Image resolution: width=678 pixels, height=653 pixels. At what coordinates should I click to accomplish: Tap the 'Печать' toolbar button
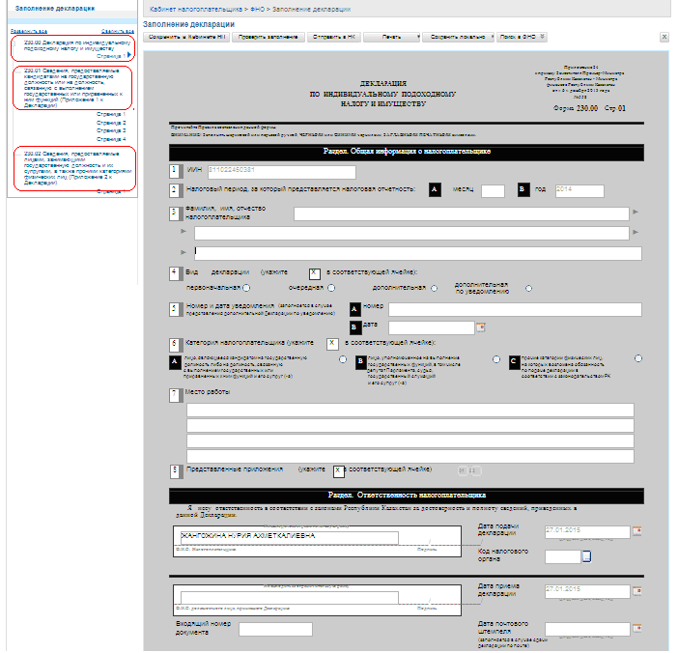click(390, 37)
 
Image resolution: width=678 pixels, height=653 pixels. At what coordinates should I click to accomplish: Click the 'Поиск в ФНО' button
click(523, 37)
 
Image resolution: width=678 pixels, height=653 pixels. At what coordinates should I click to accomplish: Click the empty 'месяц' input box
click(493, 190)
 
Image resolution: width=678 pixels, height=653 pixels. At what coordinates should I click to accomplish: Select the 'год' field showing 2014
click(579, 190)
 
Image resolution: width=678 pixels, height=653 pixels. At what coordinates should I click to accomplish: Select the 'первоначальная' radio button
click(248, 288)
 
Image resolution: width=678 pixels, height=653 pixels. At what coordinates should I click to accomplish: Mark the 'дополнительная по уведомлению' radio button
click(528, 288)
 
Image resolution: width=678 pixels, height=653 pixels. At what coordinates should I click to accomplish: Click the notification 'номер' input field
click(500, 309)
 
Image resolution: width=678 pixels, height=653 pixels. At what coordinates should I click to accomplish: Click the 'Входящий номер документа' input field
click(275, 629)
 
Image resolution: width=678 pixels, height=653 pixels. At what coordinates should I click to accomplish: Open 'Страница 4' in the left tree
click(112, 139)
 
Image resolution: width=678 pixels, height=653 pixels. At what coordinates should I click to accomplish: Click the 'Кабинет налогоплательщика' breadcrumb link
click(196, 8)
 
